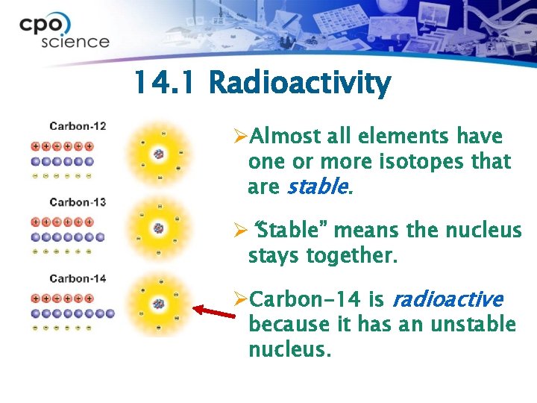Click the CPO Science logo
point(64,31)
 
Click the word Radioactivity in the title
point(300,84)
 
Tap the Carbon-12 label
point(78,126)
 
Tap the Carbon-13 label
point(78,202)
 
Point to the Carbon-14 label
point(78,278)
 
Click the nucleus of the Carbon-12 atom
point(158,154)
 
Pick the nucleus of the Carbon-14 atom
point(158,304)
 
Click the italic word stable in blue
point(317,187)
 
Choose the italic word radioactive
point(447,300)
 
